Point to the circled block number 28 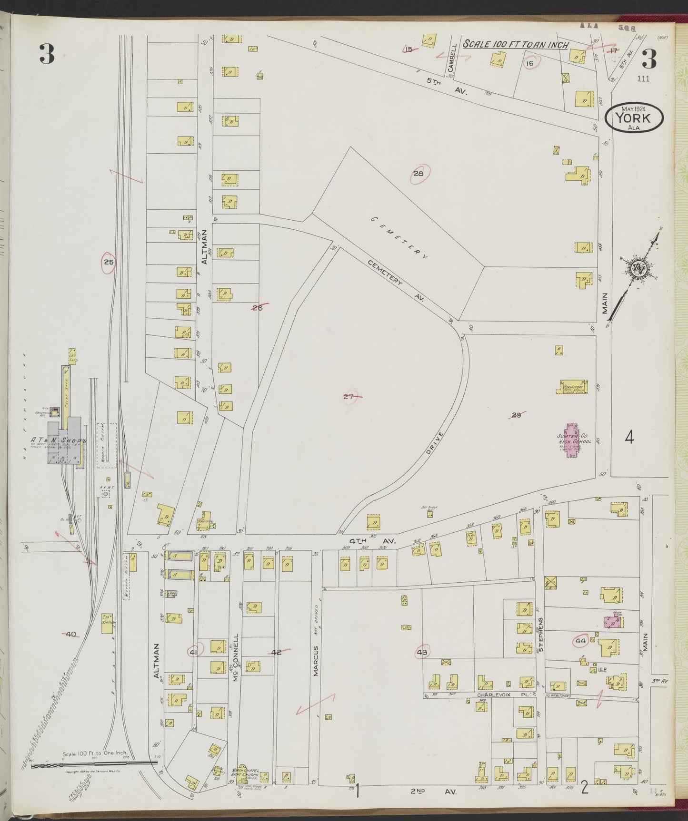[419, 174]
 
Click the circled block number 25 [109, 262]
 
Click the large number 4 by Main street [629, 438]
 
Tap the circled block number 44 [581, 640]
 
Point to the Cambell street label [453, 59]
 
